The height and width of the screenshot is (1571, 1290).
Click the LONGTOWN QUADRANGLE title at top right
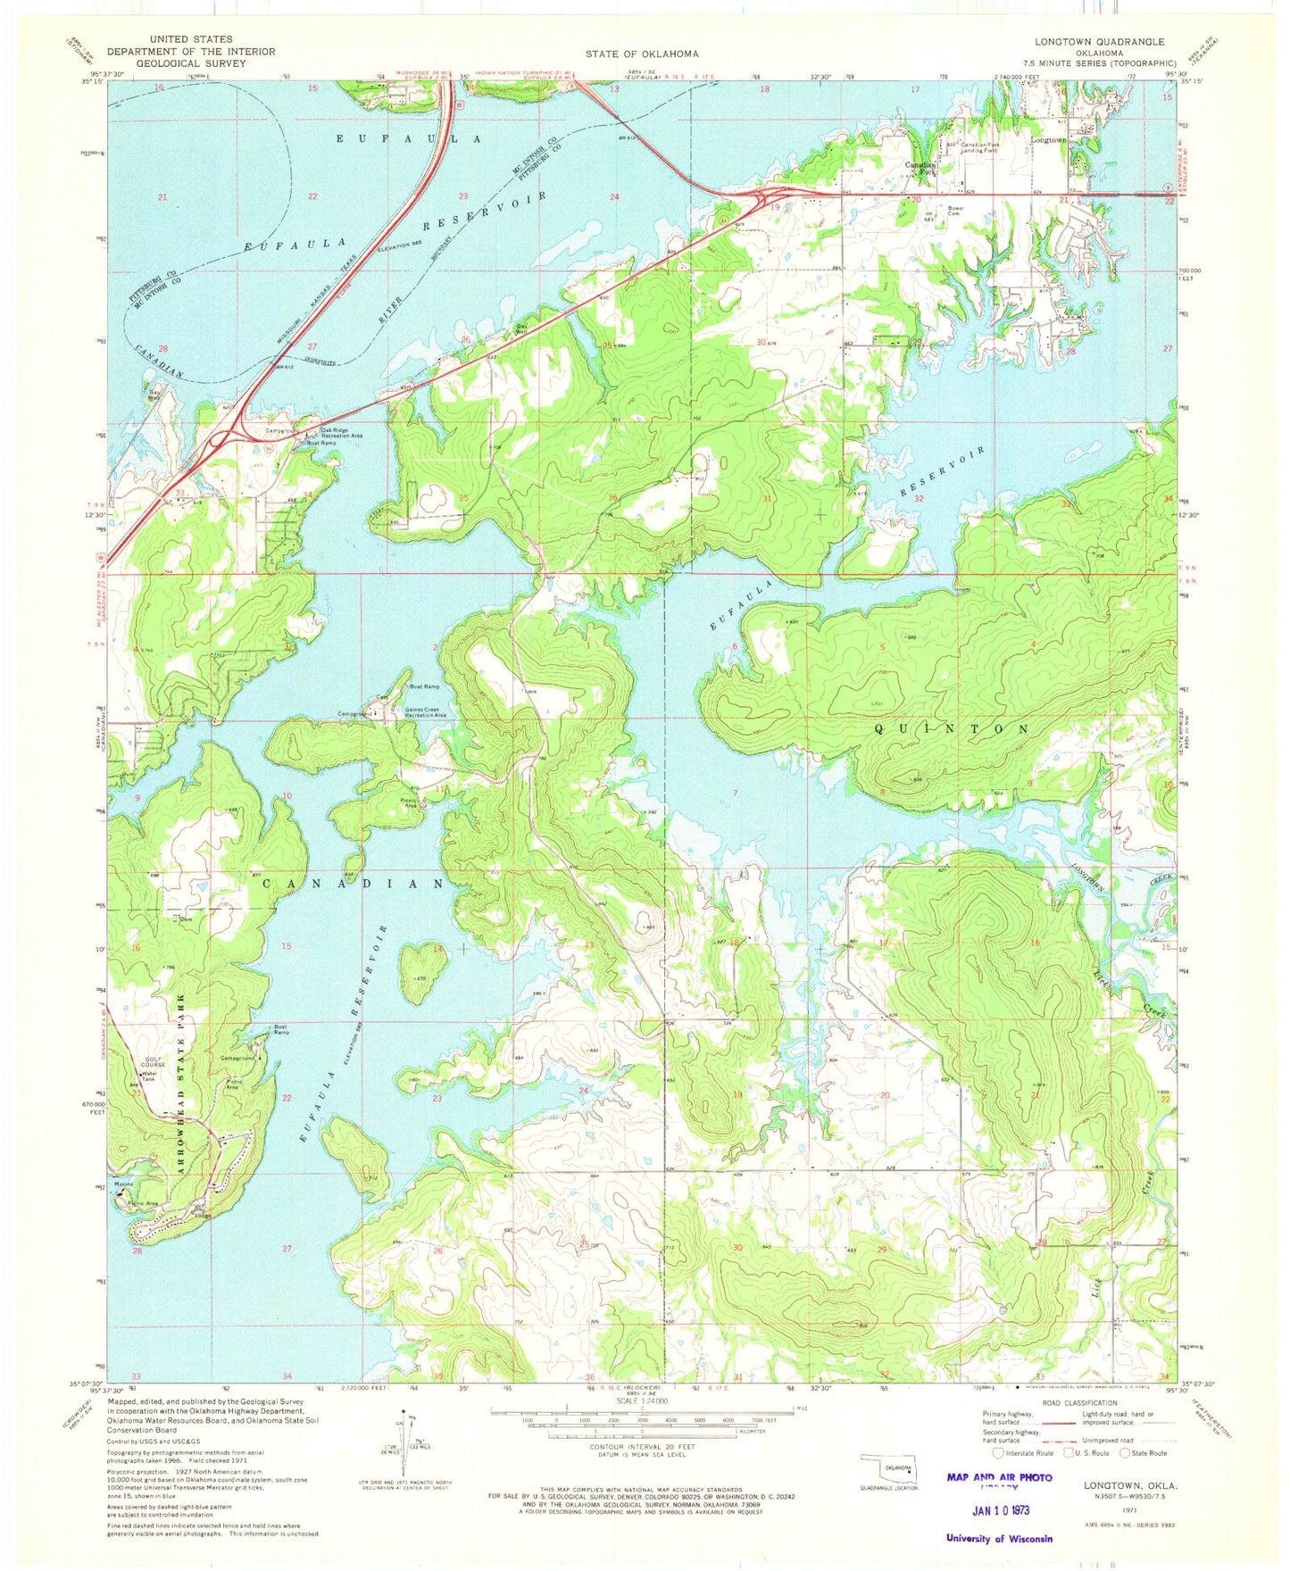pos(1099,42)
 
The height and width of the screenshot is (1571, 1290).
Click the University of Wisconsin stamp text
pos(999,1538)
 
